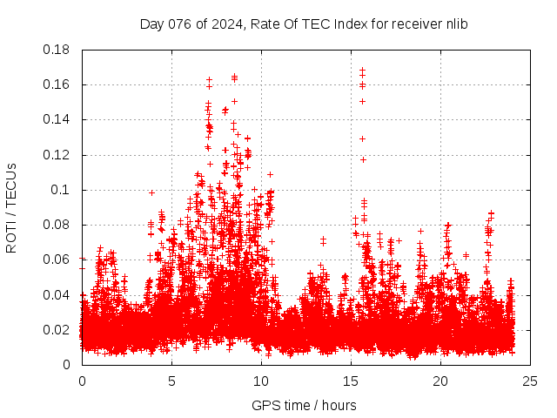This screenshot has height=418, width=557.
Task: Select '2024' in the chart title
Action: (225, 24)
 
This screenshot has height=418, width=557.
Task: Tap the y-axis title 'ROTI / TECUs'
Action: (11, 207)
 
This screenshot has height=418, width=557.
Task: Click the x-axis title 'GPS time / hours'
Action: (304, 405)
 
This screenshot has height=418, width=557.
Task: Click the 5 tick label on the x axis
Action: (171, 381)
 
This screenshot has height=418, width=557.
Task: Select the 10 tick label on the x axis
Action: (261, 381)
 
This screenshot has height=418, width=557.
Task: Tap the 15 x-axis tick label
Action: (351, 381)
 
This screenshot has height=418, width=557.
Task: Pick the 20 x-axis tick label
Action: (440, 381)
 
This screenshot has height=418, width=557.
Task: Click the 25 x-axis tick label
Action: (530, 381)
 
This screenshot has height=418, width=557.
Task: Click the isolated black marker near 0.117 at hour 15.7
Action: (364, 159)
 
